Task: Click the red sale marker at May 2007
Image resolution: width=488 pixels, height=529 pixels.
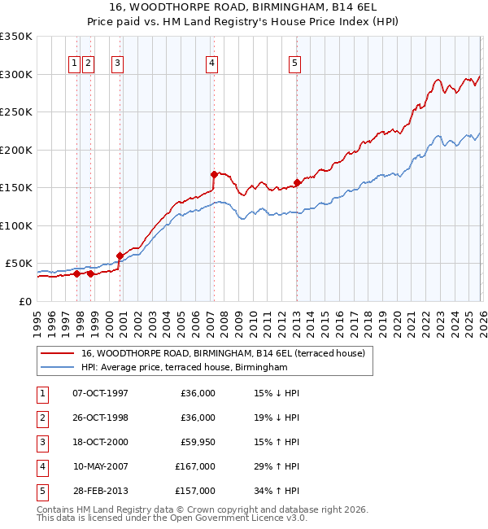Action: coord(214,173)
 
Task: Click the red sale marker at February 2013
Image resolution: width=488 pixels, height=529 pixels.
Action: coord(297,182)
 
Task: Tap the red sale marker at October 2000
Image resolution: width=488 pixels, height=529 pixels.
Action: coord(120,256)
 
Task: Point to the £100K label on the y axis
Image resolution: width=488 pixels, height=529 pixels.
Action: coord(15,225)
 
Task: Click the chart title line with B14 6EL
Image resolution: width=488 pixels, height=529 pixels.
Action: coord(244,7)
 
